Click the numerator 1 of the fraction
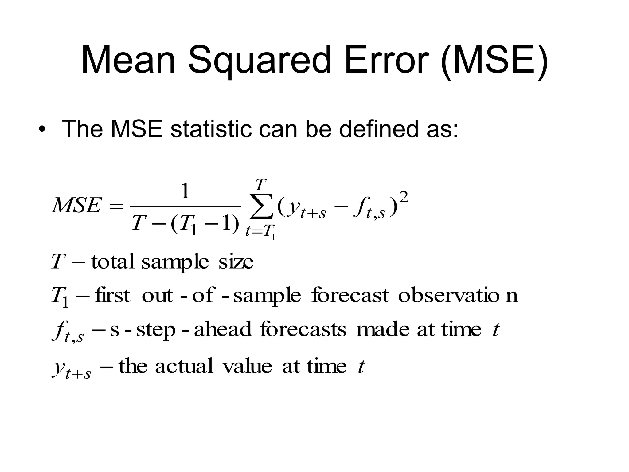coord(185,191)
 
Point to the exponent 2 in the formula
coord(404,197)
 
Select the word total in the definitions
coord(113,262)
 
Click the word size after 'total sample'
coord(236,262)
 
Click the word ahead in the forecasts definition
coord(223,329)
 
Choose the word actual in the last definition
coord(184,366)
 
